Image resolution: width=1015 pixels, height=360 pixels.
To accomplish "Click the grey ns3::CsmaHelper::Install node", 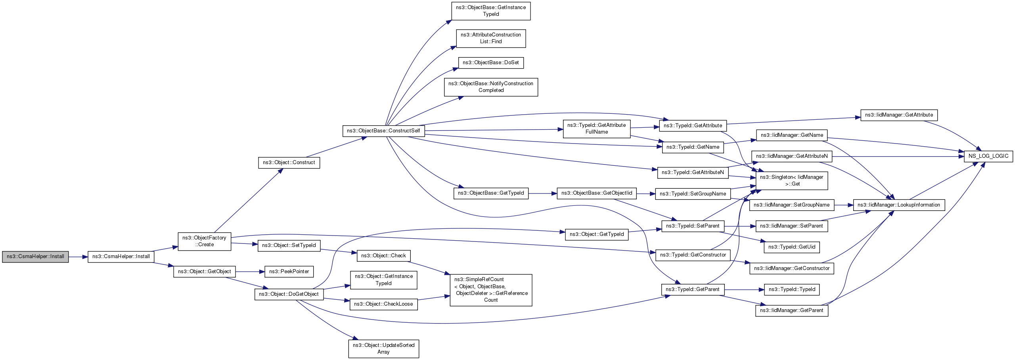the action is tap(35, 257).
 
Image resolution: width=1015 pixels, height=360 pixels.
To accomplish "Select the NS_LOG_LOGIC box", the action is tap(988, 156).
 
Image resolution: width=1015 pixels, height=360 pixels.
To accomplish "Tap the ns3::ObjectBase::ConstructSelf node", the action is tap(383, 131).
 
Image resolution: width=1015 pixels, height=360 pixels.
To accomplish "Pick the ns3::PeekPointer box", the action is tap(289, 272).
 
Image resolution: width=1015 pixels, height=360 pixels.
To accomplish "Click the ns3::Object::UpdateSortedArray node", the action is tap(383, 349).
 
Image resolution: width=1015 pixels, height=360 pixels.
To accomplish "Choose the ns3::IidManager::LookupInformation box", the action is tap(898, 205).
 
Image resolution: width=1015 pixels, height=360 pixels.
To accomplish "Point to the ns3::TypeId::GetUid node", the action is tap(791, 247).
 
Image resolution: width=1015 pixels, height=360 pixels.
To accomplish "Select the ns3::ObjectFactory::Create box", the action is tap(204, 241).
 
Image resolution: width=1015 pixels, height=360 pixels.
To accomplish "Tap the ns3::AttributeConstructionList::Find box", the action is tap(491, 38).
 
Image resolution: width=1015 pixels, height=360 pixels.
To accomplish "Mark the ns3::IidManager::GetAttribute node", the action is tap(898, 115).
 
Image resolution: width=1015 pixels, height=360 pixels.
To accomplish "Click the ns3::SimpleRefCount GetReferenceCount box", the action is tap(491, 290).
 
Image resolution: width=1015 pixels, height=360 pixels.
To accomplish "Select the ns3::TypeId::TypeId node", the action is tap(791, 289).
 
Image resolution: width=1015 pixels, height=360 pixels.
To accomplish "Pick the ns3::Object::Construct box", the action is tap(289, 163).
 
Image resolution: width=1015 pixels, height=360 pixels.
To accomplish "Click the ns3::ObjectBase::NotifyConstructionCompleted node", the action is tap(491, 87).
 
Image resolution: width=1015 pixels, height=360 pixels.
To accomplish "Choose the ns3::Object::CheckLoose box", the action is tap(383, 304).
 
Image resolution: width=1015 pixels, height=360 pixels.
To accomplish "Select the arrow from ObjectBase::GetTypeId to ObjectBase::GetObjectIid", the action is tap(542, 193).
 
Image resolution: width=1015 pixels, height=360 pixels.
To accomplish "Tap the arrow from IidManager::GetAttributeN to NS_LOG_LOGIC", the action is tap(898, 156).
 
